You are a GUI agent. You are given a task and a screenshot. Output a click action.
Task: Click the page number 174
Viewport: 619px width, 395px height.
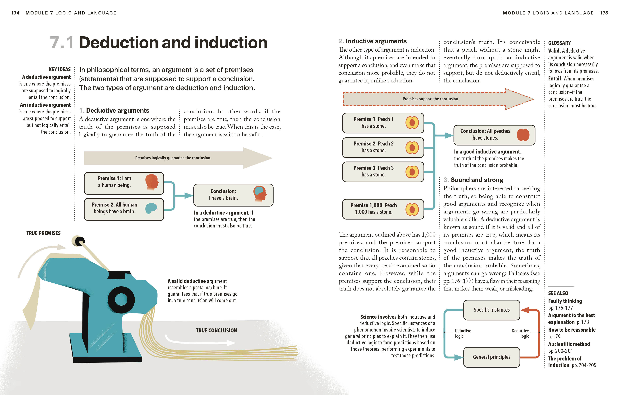15,13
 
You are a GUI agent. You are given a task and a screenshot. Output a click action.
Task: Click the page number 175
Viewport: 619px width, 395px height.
604,13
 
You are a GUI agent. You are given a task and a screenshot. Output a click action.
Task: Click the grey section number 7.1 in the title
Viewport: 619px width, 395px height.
61,43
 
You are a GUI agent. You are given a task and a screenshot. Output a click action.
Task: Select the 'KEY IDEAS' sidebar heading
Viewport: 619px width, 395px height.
60,69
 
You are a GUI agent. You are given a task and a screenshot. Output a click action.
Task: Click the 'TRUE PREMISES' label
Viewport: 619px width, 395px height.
43,233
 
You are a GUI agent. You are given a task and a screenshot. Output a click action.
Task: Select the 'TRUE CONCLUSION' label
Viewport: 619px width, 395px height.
216,330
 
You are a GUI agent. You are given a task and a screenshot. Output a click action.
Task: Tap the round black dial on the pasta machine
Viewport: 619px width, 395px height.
121,300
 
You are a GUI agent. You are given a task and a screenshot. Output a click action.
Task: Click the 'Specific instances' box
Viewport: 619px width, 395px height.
492,310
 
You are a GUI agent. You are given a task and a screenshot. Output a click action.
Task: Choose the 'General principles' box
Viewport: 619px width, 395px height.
492,357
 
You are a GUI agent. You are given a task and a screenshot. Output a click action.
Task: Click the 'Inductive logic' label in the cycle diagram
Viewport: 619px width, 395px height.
463,333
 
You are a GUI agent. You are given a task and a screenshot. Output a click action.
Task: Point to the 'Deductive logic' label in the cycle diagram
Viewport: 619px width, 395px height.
520,333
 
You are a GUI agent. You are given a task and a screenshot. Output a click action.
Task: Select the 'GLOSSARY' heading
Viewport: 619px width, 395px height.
559,43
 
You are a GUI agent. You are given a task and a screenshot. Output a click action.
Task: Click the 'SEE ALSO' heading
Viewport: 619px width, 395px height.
558,293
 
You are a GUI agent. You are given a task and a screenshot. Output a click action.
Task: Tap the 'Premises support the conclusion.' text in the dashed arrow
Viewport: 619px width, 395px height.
431,99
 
